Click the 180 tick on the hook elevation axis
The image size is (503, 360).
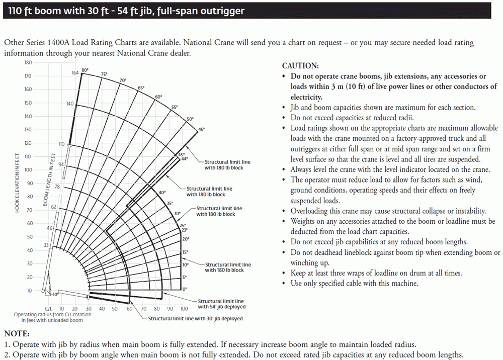click(28, 63)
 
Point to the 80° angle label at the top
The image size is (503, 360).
click(86, 70)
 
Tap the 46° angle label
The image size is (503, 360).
click(201, 130)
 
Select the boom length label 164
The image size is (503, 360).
click(75, 73)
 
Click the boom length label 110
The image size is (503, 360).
click(61, 144)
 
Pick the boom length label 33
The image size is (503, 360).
click(46, 245)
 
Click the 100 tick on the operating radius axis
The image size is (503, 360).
click(184, 309)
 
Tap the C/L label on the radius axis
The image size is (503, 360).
click(49, 309)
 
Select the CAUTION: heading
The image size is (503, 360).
click(300, 66)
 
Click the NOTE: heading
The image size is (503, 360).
click(17, 334)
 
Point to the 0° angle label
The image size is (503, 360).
click(185, 289)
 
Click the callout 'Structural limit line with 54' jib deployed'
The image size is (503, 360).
click(221, 304)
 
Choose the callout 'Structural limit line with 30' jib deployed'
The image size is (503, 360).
click(195, 319)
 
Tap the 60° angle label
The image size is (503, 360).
click(158, 97)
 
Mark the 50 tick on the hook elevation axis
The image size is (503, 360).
click(29, 237)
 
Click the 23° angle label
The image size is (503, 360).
click(184, 230)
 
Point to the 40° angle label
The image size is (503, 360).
click(162, 193)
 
